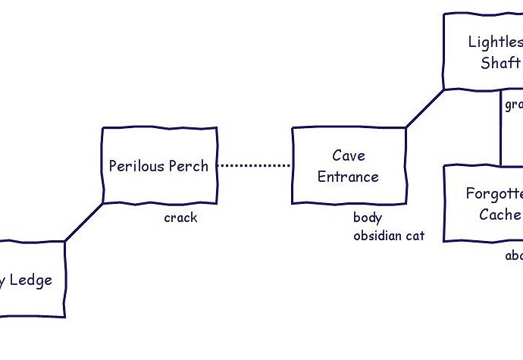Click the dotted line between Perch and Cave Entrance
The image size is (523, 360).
point(255,165)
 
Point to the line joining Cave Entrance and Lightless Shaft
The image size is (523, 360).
point(424,109)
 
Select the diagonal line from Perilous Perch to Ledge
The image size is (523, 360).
point(83,222)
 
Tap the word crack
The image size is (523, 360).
point(180,218)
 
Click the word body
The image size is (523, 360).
point(368,218)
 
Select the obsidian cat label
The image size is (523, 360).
point(389,236)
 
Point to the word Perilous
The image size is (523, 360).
point(135,166)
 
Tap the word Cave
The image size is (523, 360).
point(349,155)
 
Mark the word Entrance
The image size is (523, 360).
point(348,177)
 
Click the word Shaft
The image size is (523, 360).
point(500,63)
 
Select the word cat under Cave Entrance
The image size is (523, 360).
point(414,236)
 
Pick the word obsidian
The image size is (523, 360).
point(377,236)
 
